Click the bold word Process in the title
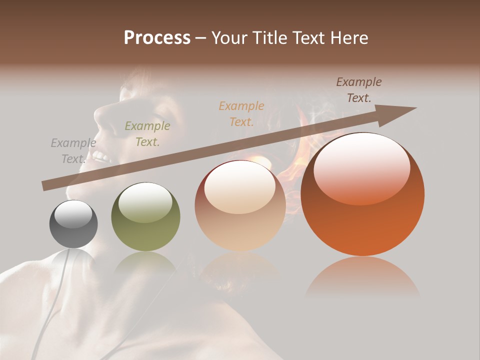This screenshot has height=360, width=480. point(157,38)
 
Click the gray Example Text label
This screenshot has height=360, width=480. point(73,150)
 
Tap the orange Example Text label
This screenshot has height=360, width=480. point(241,113)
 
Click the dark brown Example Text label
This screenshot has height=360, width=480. point(359,90)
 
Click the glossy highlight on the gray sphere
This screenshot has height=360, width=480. point(73,214)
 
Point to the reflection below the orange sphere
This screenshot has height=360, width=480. point(362,277)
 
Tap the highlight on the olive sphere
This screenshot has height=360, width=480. point(145,202)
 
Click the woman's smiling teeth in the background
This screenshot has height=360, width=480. point(102,156)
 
